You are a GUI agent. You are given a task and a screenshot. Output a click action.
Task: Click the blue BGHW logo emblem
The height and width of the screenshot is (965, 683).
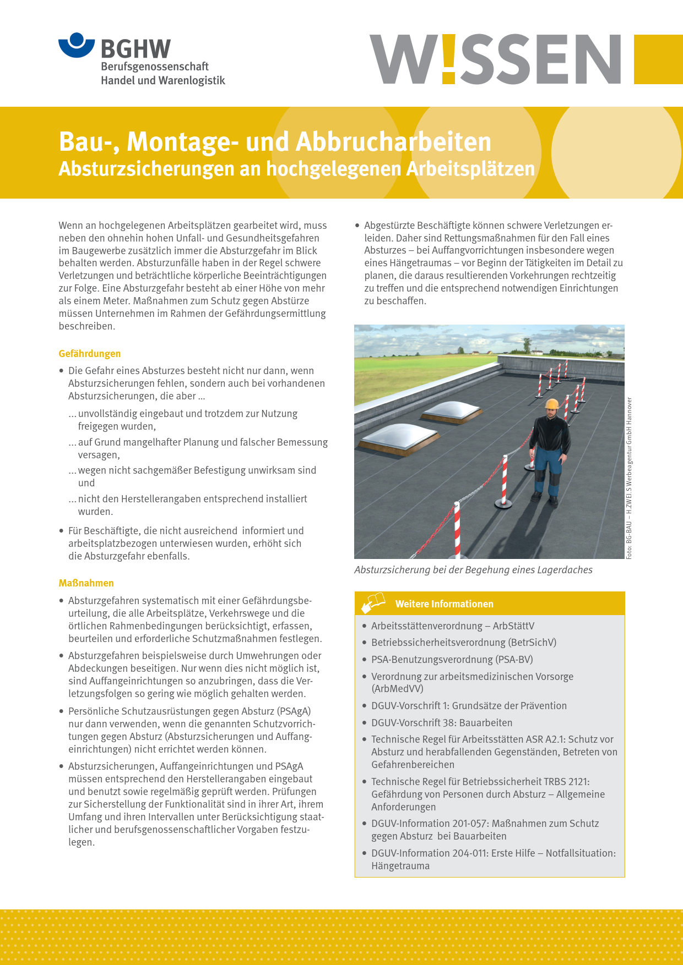(x=77, y=45)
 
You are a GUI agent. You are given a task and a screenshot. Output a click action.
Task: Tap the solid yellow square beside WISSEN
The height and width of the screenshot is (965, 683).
(x=658, y=59)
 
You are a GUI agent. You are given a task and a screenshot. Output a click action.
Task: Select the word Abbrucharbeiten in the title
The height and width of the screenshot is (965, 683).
(x=393, y=142)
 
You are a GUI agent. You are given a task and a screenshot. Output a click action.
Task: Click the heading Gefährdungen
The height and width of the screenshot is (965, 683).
(x=90, y=354)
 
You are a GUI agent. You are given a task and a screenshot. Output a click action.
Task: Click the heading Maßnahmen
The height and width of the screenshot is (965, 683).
(x=86, y=583)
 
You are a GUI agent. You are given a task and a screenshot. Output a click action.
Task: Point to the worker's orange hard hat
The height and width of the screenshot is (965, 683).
(x=551, y=404)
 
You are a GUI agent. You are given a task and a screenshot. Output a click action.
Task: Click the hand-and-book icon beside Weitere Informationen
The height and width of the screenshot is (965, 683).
(x=373, y=603)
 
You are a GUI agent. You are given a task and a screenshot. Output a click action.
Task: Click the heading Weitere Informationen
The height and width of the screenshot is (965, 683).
(x=444, y=604)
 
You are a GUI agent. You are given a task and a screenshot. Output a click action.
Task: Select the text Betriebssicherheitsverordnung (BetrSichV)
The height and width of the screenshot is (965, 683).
(x=464, y=643)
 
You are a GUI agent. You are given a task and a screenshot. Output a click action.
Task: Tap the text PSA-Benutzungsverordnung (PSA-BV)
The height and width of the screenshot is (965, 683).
(x=452, y=660)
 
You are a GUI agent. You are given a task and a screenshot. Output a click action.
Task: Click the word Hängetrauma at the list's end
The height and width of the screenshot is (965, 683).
(x=400, y=866)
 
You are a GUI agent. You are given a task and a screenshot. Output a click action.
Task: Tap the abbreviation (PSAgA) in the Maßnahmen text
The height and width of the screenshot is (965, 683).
(x=294, y=711)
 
